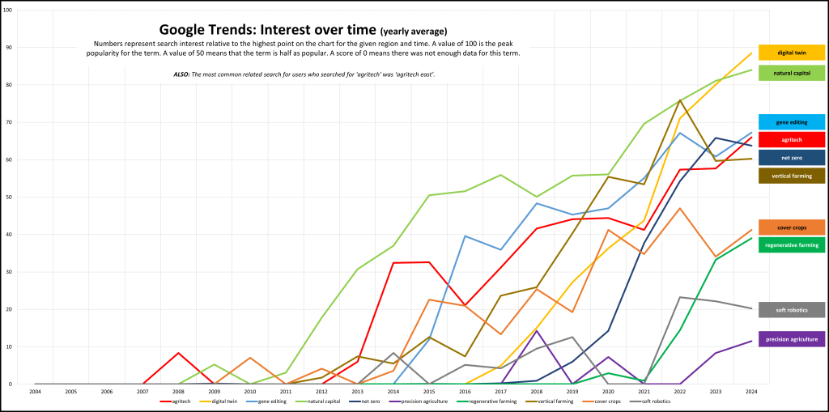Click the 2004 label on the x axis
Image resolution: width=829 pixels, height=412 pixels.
tap(35, 391)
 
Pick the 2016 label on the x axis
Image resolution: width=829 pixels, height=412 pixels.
tap(465, 391)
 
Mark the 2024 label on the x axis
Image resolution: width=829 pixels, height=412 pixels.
tap(750, 391)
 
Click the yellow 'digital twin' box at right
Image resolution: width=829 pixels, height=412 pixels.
tap(791, 53)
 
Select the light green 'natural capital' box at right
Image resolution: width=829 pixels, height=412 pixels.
tap(791, 73)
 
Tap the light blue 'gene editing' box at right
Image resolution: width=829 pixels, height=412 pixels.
tap(791, 122)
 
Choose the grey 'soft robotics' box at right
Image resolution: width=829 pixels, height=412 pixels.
tap(791, 310)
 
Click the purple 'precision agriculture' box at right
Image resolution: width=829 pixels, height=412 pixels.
tap(791, 339)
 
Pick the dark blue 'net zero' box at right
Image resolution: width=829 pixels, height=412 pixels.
tap(791, 157)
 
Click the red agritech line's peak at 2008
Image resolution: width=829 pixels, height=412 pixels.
tap(178, 353)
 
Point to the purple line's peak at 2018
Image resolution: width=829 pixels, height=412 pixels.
tap(536, 330)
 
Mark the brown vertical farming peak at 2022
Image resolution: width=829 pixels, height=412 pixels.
tap(679, 100)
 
